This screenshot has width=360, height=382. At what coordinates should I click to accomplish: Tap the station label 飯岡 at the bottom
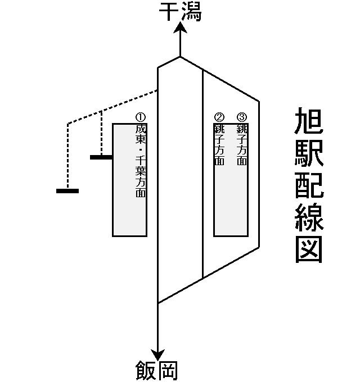click(157, 371)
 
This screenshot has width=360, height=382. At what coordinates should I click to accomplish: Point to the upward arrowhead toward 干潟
click(180, 29)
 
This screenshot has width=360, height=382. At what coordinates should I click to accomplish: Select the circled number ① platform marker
click(141, 117)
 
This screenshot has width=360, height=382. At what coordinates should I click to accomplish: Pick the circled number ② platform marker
click(219, 117)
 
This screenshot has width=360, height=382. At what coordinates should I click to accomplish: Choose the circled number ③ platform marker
click(242, 117)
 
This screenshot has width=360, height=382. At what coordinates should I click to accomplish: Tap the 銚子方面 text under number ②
click(219, 144)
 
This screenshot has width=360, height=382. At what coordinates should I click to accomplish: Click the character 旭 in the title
click(309, 122)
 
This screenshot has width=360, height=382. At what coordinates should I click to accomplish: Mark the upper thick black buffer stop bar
click(101, 157)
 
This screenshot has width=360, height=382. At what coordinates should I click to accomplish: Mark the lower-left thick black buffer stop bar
click(67, 191)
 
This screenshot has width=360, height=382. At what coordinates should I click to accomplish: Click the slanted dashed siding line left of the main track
click(112, 107)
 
